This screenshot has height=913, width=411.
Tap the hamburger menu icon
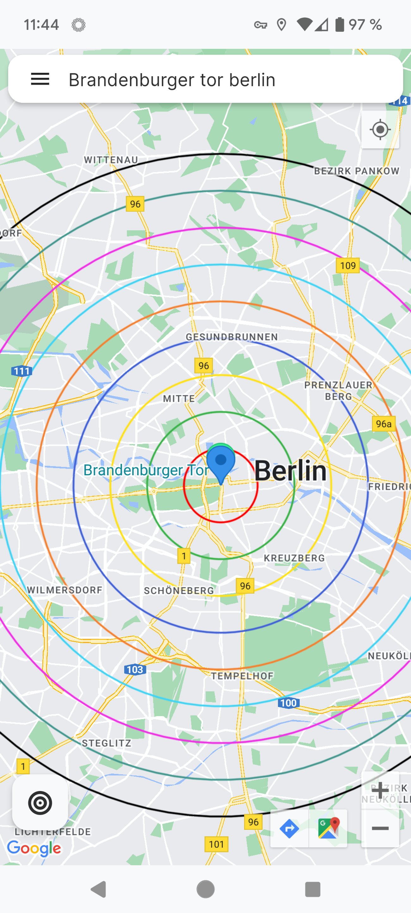pos(40,79)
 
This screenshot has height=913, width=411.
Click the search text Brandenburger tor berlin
pos(172,80)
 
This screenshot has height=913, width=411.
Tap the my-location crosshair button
pos(380,130)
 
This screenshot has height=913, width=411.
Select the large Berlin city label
pos(291,471)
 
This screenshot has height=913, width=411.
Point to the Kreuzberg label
pos(294,558)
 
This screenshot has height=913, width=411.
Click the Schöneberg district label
pos(179,590)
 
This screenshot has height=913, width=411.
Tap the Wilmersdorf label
pos(64,590)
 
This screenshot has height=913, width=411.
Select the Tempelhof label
pos(242,676)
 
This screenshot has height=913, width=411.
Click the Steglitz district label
pos(106,743)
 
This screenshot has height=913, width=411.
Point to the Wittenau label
pos(111,160)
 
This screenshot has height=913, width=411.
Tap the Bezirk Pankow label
pos(356,171)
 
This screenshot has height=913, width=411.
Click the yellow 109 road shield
pos(347,266)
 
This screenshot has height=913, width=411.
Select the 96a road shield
pos(384,424)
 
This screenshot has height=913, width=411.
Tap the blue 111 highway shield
pos(21,371)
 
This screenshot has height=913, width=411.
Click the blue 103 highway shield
pos(135,670)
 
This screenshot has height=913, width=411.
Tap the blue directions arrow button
pos(289,828)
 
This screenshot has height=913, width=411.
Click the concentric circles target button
pos(40,803)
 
